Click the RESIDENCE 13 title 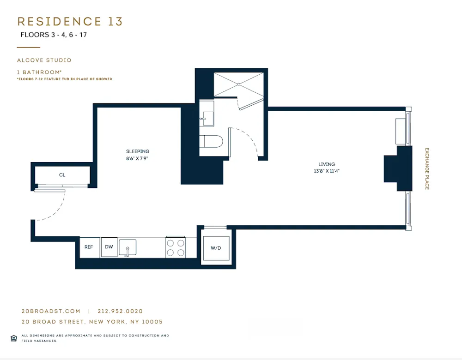tap(70, 22)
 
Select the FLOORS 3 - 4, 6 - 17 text tap(54, 35)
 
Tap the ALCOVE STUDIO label tap(44, 60)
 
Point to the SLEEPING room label tap(138, 151)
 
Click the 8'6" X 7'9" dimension tap(138, 158)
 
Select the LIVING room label tap(327, 164)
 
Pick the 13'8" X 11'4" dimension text tap(327, 171)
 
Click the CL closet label tap(62, 175)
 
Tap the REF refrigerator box tap(89, 247)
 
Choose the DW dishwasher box tap(109, 247)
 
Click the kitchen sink tap(127, 247)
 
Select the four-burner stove tap(175, 247)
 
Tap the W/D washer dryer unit tap(216, 248)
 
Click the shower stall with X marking tap(239, 84)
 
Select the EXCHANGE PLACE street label tap(427, 169)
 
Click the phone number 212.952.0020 tap(123, 312)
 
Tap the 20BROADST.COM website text tap(51, 312)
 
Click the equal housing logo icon tap(13, 338)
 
